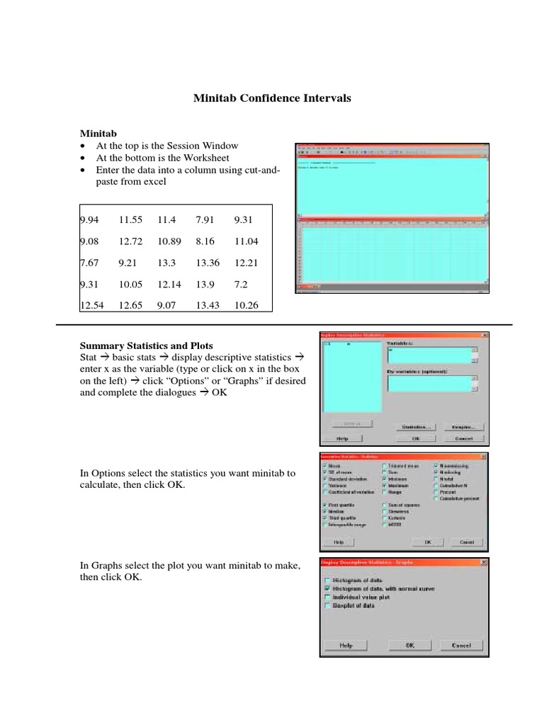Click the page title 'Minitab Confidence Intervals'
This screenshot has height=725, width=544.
pyautogui.click(x=272, y=98)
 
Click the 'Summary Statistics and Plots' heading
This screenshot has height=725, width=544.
pyautogui.click(x=146, y=346)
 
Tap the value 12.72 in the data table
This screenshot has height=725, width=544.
pyautogui.click(x=131, y=241)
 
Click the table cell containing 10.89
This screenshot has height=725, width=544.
pyautogui.click(x=170, y=241)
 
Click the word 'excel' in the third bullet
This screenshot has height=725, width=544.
pyautogui.click(x=154, y=182)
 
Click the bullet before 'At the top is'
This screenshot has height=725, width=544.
pyautogui.click(x=83, y=146)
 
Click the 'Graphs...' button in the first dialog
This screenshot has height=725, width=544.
pyautogui.click(x=464, y=427)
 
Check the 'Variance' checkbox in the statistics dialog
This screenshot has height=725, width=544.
pyautogui.click(x=325, y=486)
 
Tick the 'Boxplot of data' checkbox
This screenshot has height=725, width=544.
pyautogui.click(x=327, y=606)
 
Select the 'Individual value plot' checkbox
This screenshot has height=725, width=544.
pyautogui.click(x=327, y=597)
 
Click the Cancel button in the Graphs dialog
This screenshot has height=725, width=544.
pyautogui.click(x=461, y=645)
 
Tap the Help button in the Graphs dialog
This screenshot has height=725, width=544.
pyautogui.click(x=346, y=645)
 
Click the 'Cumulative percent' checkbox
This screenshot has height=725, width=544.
pyautogui.click(x=436, y=498)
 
